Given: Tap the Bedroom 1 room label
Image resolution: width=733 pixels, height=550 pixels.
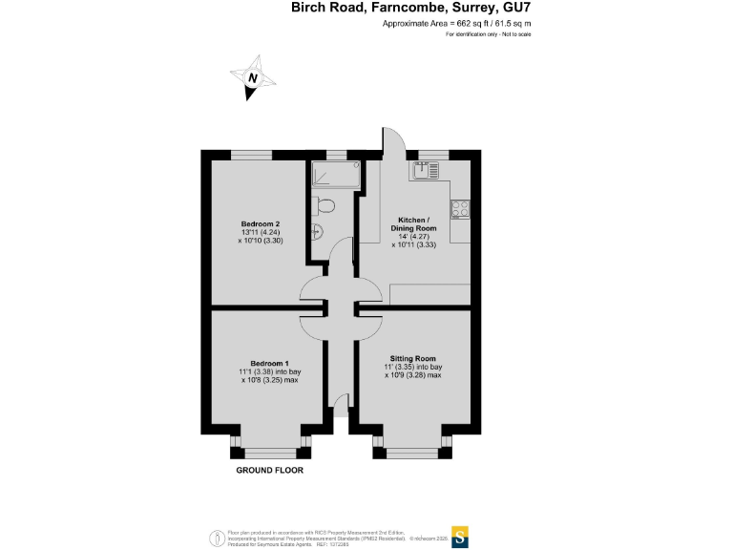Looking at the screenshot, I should click(269, 364).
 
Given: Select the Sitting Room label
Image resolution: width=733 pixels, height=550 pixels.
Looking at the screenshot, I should click(413, 358).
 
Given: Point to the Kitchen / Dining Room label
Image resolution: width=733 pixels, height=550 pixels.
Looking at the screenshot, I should click(416, 224).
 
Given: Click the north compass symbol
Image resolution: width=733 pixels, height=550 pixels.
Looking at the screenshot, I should click(252, 80).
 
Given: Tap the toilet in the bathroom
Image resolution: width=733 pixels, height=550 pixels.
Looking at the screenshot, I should click(325, 205).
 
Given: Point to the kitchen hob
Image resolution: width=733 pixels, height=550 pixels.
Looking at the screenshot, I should click(458, 207).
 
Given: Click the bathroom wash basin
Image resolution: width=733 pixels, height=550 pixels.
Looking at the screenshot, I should click(316, 230).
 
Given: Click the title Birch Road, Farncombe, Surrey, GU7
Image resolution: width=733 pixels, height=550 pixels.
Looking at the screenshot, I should click(410, 8).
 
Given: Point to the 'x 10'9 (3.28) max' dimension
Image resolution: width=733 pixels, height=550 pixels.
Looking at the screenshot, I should click(413, 375).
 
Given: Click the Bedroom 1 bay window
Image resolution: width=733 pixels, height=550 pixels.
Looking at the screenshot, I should click(268, 449).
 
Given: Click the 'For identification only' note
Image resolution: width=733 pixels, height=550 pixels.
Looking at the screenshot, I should click(488, 34).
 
